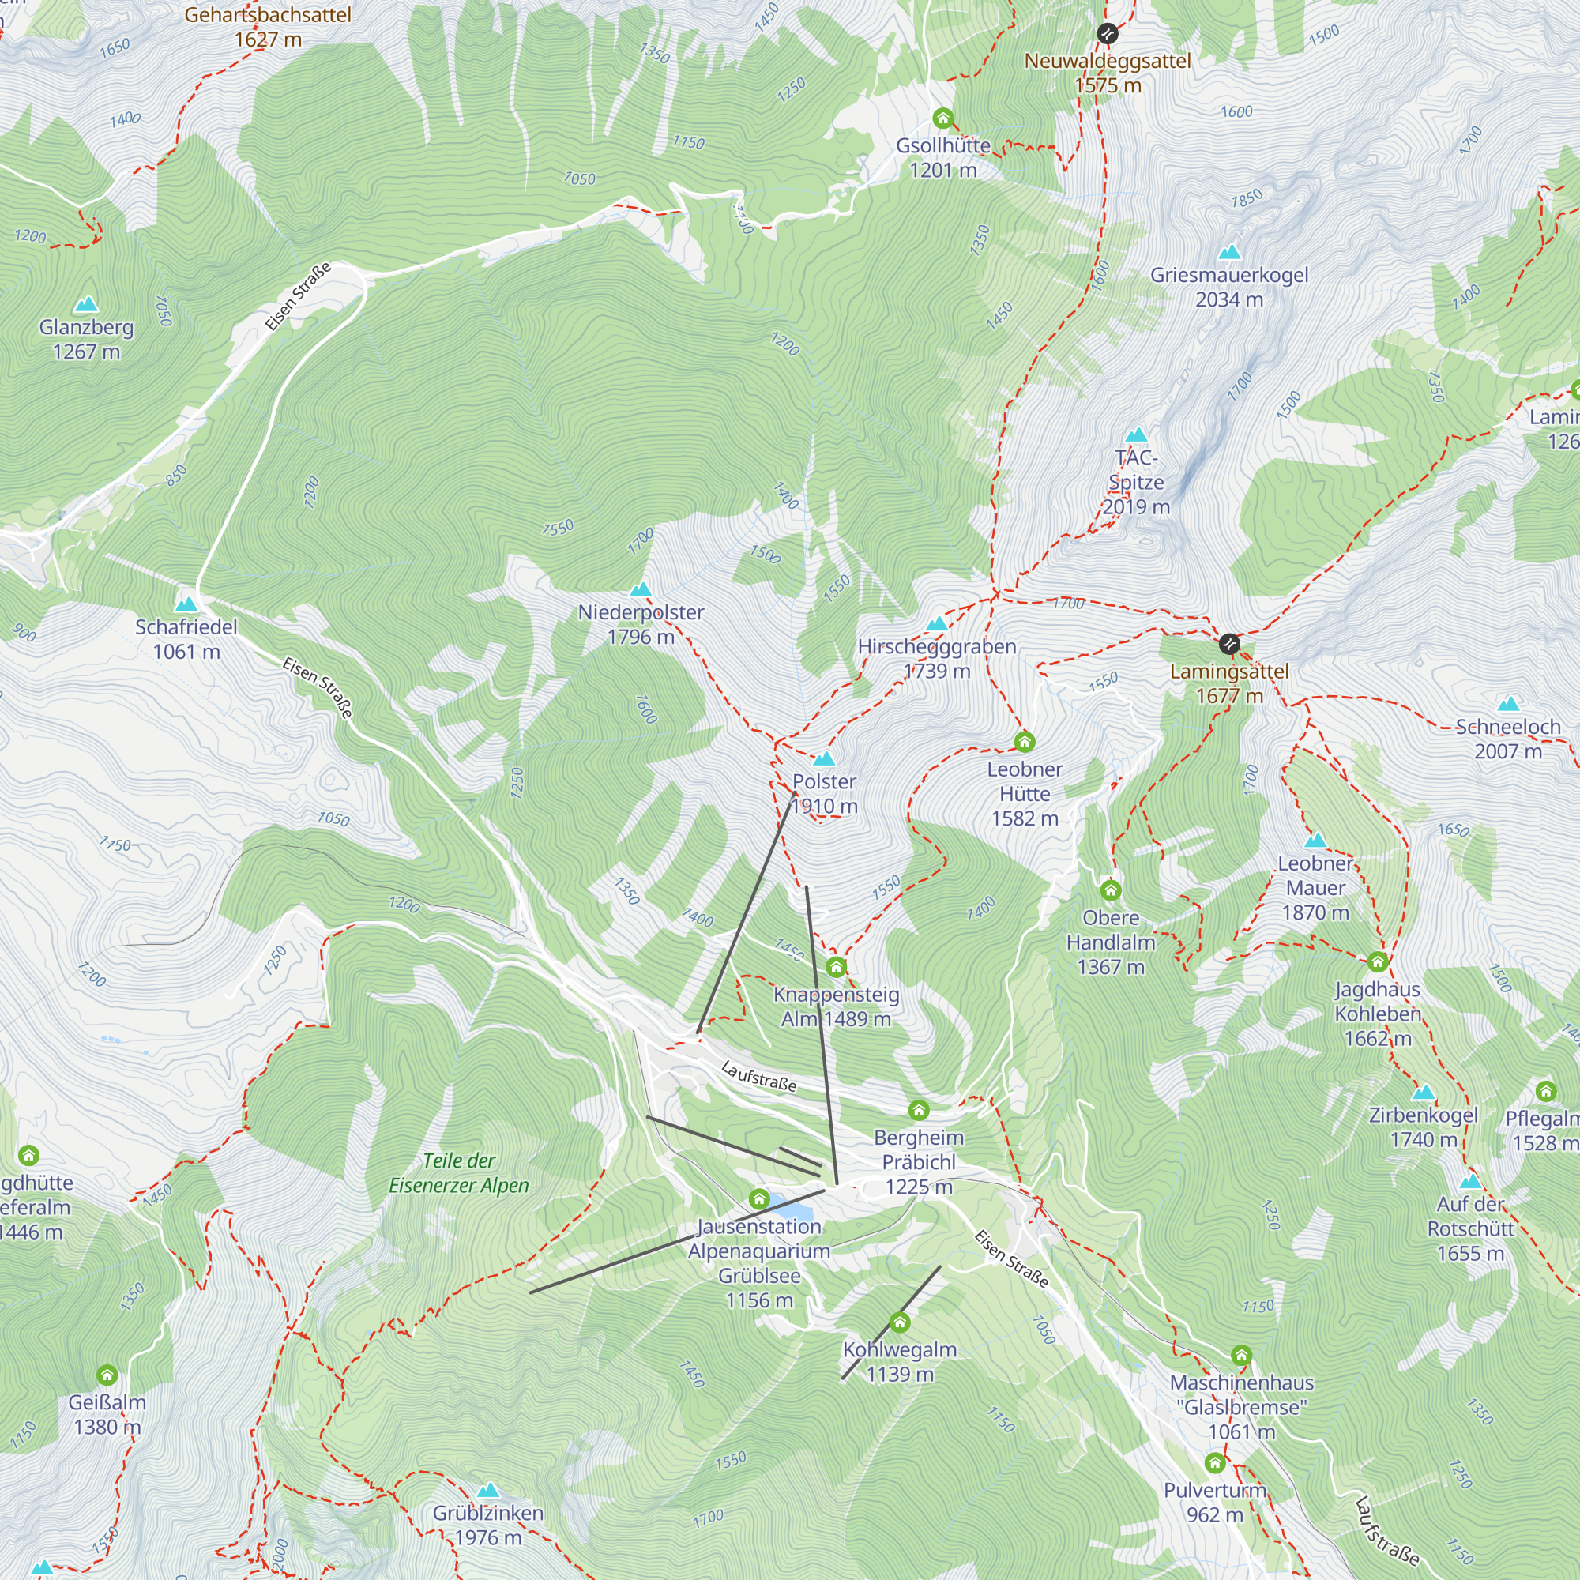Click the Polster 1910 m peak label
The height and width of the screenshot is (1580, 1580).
pyautogui.click(x=824, y=793)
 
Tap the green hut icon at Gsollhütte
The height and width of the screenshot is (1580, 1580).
pyautogui.click(x=943, y=118)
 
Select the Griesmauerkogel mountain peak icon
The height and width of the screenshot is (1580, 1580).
pyautogui.click(x=1229, y=253)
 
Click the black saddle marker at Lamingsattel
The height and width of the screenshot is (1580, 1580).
pyautogui.click(x=1229, y=645)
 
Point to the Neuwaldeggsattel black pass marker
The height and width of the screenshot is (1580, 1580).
pyautogui.click(x=1108, y=33)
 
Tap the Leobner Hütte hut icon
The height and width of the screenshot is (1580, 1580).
pyautogui.click(x=1024, y=742)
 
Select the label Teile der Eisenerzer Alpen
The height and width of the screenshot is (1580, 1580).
pyautogui.click(x=459, y=1172)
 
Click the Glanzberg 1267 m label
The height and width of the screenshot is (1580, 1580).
pyautogui.click(x=86, y=340)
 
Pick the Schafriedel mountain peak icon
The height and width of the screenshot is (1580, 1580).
pyautogui.click(x=186, y=604)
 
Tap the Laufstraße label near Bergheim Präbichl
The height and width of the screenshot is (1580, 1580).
pyautogui.click(x=759, y=1076)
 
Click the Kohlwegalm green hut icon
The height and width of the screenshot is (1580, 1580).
pyautogui.click(x=900, y=1322)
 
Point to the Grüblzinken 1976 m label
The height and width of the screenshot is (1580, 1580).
pyautogui.click(x=488, y=1525)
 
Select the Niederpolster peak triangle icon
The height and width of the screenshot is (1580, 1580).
pyautogui.click(x=641, y=589)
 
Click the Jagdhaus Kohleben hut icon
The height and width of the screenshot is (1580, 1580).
pyautogui.click(x=1377, y=961)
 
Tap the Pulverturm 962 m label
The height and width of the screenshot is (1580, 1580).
pyautogui.click(x=1214, y=1503)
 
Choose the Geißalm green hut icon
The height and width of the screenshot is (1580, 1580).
pyautogui.click(x=107, y=1375)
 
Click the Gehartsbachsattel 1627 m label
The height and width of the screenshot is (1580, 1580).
pyautogui.click(x=268, y=27)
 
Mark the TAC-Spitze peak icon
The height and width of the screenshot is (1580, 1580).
pyautogui.click(x=1136, y=435)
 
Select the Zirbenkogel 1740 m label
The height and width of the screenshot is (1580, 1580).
pyautogui.click(x=1423, y=1127)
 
